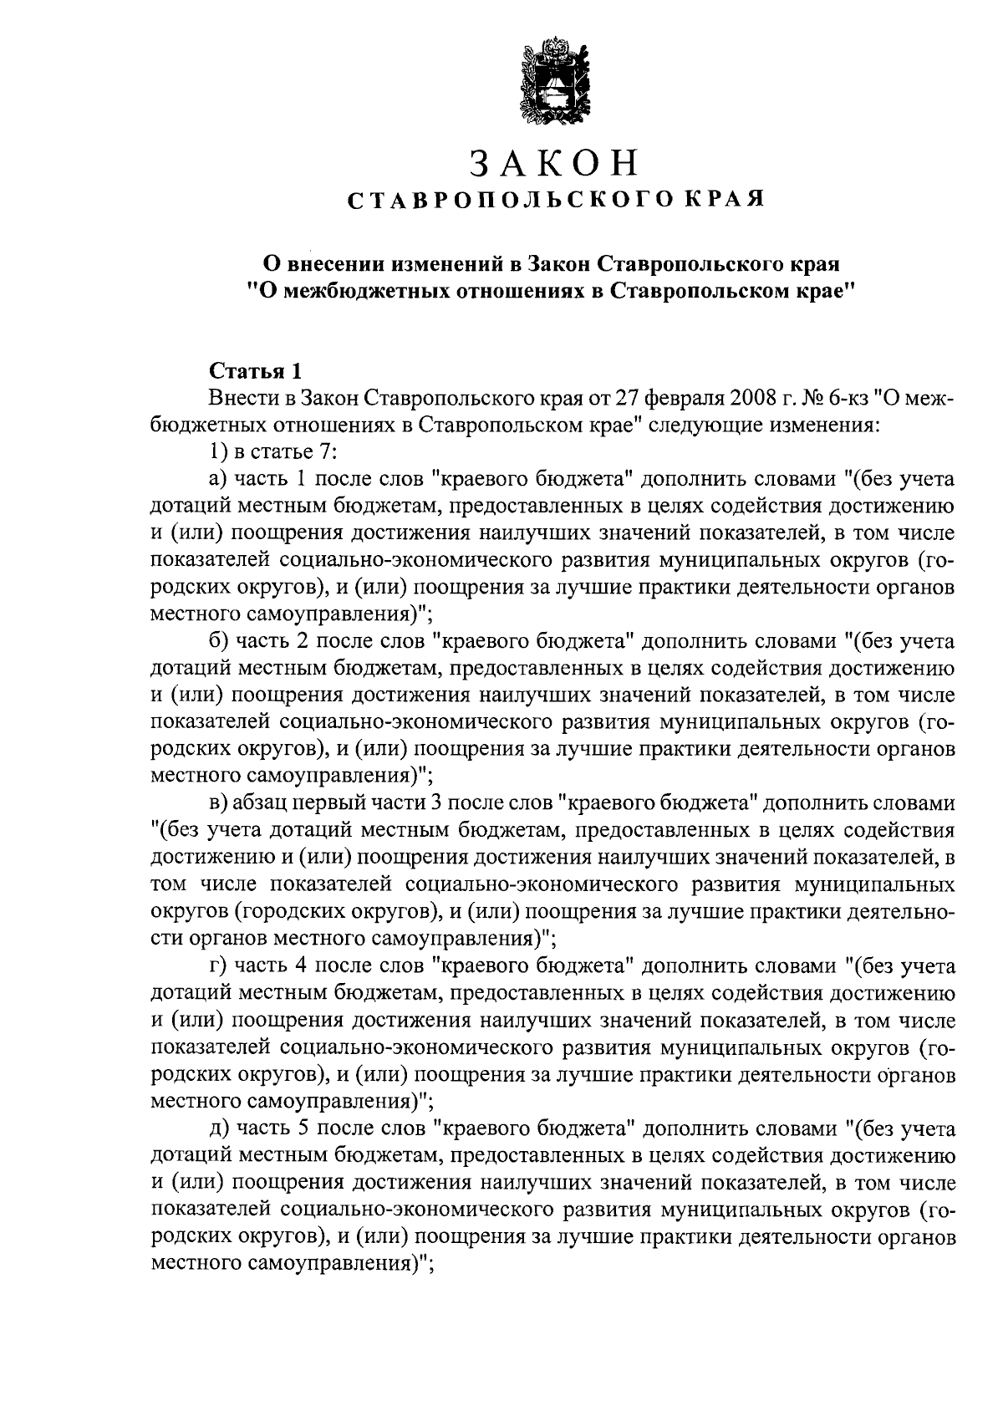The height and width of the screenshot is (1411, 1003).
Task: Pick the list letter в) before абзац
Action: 219,804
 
